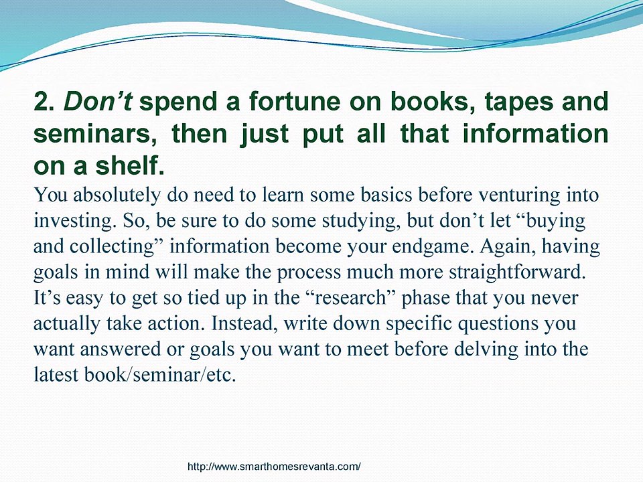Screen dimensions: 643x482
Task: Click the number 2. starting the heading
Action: pyautogui.click(x=44, y=102)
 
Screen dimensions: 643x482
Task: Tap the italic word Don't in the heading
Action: pyautogui.click(x=98, y=102)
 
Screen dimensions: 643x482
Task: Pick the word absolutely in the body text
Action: pyautogui.click(x=117, y=195)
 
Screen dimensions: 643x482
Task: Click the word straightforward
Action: pyautogui.click(x=517, y=272)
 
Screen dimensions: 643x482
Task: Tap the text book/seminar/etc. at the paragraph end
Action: pyautogui.click(x=160, y=375)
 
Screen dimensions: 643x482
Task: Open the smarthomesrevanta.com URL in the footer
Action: pyautogui.click(x=274, y=467)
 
